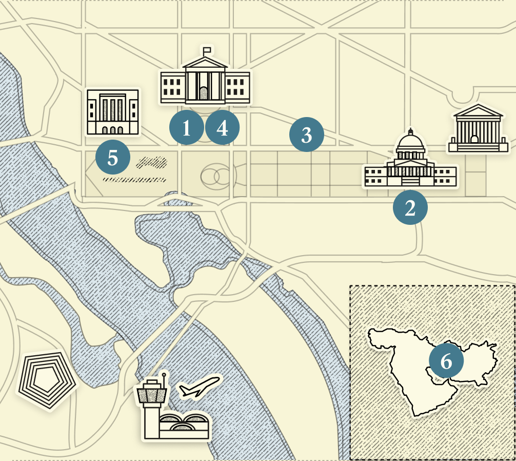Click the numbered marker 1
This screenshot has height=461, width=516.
pyautogui.click(x=187, y=128)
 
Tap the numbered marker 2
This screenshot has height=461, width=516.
pyautogui.click(x=410, y=208)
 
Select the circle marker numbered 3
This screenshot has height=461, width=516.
pyautogui.click(x=306, y=135)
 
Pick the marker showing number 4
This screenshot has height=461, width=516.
pyautogui.click(x=222, y=128)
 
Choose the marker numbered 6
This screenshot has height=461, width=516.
pyautogui.click(x=446, y=361)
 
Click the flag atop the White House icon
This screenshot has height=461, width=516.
pyautogui.click(x=207, y=50)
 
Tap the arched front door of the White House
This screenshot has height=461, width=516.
pyautogui.click(x=204, y=93)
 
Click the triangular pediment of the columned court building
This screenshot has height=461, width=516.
pyautogui.click(x=475, y=112)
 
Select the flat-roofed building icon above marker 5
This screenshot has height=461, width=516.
pyautogui.click(x=113, y=112)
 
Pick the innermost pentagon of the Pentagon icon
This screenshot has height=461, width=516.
pyautogui.click(x=46, y=379)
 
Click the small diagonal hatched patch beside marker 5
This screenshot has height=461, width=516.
pyautogui.click(x=152, y=163)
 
